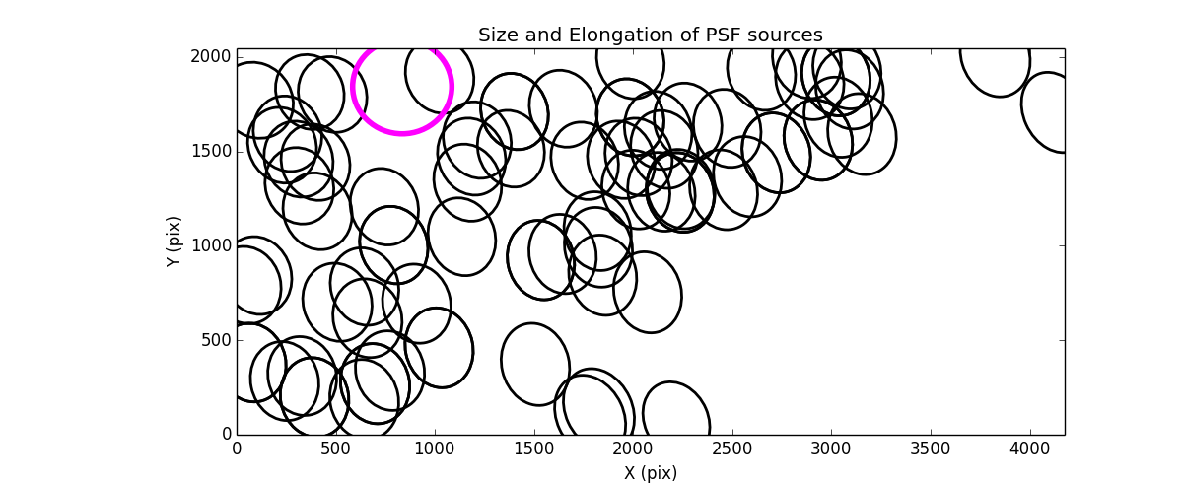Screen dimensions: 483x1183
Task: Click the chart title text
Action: [650, 35]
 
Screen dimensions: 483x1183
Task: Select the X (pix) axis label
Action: [650, 472]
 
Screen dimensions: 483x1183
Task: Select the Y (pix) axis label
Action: [174, 241]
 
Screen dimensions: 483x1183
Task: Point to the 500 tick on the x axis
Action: [335, 449]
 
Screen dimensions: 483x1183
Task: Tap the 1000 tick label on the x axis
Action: [435, 449]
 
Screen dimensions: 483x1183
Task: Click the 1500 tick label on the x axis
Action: [534, 449]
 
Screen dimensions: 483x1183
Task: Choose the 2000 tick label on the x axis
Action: [633, 449]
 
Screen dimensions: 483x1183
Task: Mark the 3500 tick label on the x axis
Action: [931, 449]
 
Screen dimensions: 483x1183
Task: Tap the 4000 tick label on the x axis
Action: [1030, 449]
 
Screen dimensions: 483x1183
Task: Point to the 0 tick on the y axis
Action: [226, 435]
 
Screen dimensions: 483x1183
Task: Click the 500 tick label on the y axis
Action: [216, 340]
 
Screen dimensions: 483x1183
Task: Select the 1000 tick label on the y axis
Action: [212, 245]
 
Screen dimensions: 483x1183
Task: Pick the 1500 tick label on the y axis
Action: [212, 151]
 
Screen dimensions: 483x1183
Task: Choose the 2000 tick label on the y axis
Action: [212, 57]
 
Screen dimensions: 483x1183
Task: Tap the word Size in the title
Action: [497, 35]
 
